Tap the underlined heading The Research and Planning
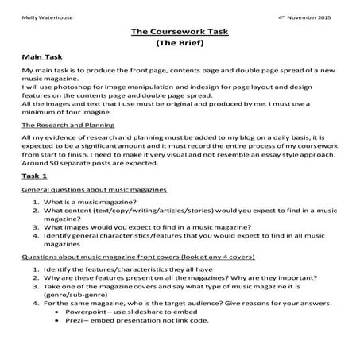68,126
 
